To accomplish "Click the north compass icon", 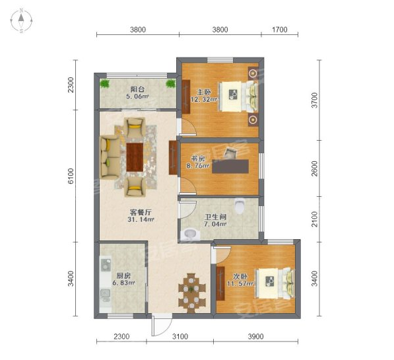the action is [22, 20].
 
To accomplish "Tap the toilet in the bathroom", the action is [239, 205].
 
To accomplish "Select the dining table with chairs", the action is [192, 292].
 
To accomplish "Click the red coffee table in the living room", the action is [135, 157].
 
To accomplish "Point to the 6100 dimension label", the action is [71, 176].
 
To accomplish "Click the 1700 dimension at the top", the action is [280, 30].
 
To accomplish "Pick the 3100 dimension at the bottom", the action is [180, 336].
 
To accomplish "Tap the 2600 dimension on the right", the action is [314, 168].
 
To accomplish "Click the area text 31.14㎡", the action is [141, 219].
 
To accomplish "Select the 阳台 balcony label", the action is [137, 89].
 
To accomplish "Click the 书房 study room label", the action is [198, 159].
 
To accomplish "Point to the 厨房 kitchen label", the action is [123, 275].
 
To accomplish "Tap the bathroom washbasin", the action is [190, 234].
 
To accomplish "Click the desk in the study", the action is [230, 166].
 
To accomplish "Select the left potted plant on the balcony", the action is [105, 83].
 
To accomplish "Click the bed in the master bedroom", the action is [238, 97].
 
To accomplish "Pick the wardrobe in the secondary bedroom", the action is [220, 283].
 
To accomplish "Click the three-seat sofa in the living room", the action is [110, 157].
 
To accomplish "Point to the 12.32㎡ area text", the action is [204, 99].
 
